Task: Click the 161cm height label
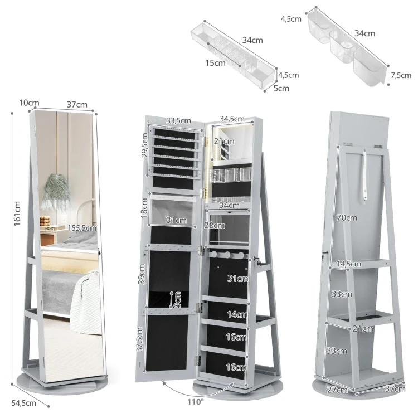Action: click(x=17, y=213)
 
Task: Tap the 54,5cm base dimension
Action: click(x=24, y=403)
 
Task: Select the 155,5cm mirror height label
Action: click(x=82, y=228)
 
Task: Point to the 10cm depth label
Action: click(x=29, y=103)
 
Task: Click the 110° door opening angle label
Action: click(x=196, y=402)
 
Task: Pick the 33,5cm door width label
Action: click(x=178, y=120)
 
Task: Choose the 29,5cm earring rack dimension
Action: click(x=144, y=145)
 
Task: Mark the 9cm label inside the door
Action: click(x=177, y=299)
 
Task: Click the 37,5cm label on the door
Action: click(x=139, y=339)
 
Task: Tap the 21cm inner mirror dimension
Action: click(x=224, y=141)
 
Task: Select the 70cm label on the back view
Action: click(x=347, y=218)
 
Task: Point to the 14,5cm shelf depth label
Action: click(x=349, y=264)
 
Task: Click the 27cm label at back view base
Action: click(x=337, y=390)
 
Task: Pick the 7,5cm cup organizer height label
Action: click(x=401, y=75)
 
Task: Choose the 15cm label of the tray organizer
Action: click(x=215, y=63)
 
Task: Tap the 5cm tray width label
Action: click(x=281, y=88)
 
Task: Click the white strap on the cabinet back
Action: click(x=365, y=175)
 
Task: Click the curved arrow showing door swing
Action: click(x=197, y=390)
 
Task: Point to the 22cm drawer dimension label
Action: click(x=215, y=225)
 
